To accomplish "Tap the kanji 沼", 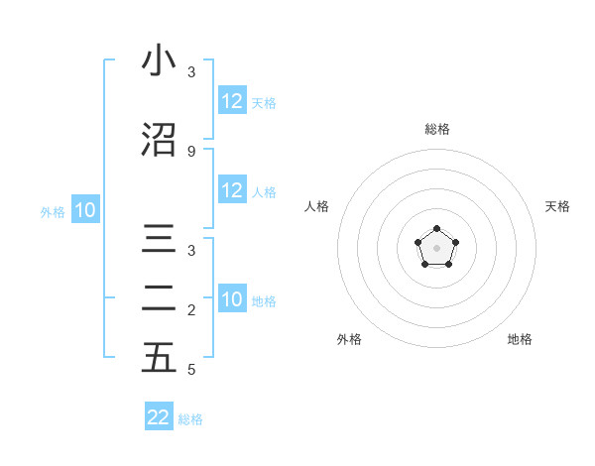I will pos(159,140).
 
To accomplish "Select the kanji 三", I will pos(159,242).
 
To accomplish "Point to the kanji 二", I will pos(159,300).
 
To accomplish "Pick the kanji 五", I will pos(159,359).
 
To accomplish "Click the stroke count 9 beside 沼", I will pos(191,151).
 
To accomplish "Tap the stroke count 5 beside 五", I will pos(191,370).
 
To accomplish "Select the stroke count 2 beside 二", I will pos(191,311).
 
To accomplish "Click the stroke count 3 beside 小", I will pos(191,72).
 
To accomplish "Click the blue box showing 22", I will pos(159,417).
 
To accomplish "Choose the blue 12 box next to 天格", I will pos(232,101).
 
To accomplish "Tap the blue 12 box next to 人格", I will pos(232,190).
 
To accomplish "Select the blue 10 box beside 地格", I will pos(232,300).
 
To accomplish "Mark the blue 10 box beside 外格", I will pos(84,210).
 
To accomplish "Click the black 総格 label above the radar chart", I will pos(437,129).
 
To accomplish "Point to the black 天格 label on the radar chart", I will pos(557,206).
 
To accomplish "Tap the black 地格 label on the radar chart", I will pos(520,339).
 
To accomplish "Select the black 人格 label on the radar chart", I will pos(316,206).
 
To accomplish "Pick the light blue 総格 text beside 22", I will pos(190,419).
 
